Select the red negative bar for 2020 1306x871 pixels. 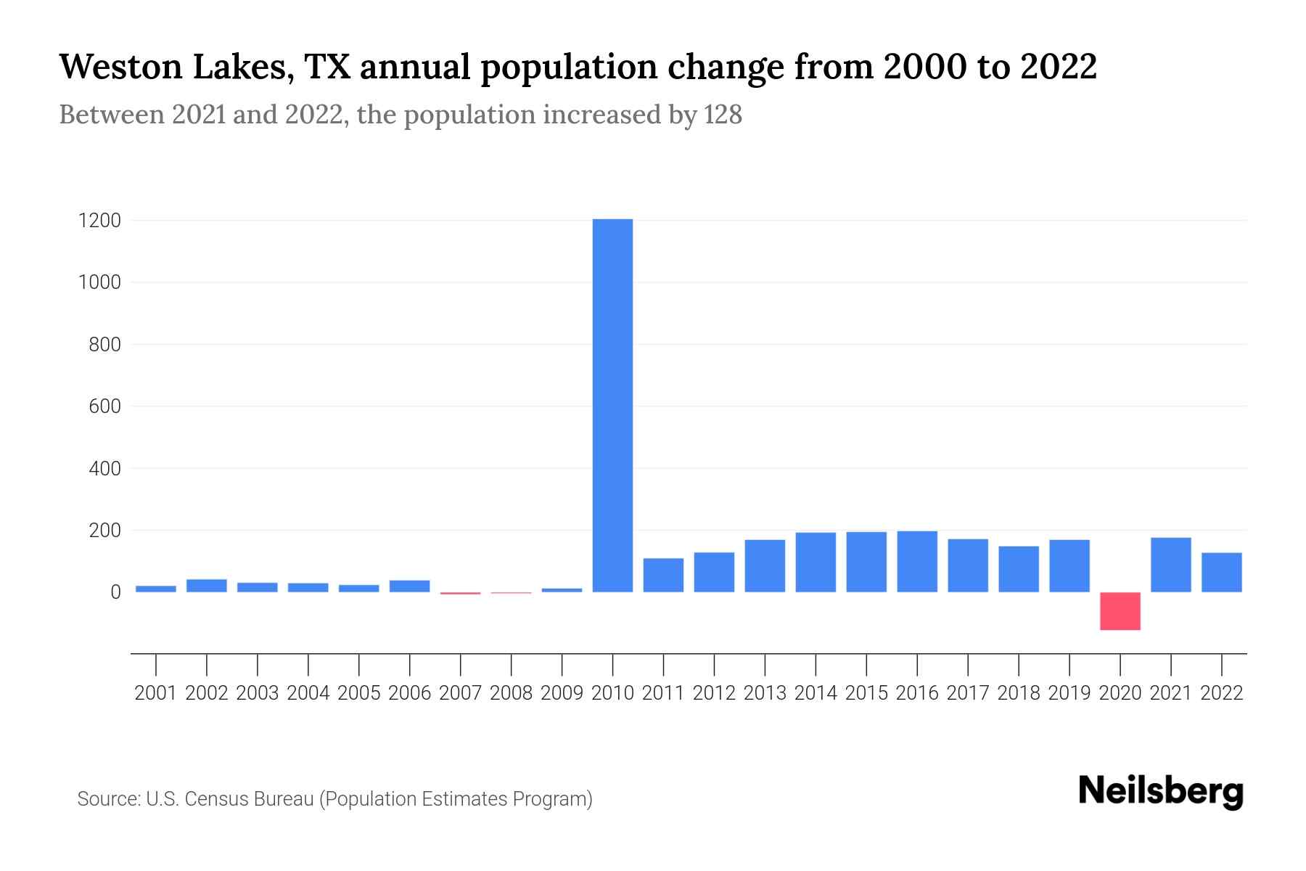click(1120, 611)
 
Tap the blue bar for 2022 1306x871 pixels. click(1222, 573)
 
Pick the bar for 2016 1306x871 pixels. click(917, 562)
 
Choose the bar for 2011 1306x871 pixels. click(663, 575)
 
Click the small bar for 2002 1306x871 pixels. click(207, 586)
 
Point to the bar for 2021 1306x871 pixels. click(1171, 565)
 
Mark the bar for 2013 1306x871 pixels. click(765, 566)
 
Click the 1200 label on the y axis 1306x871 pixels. click(99, 221)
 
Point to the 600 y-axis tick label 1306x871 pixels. click(104, 406)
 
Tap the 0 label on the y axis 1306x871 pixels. click(115, 592)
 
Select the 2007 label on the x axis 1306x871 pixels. click(460, 693)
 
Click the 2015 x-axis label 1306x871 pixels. click(866, 693)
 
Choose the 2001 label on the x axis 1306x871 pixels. click(156, 693)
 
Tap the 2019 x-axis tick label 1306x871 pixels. click(1069, 693)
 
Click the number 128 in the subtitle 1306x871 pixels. click(723, 115)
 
